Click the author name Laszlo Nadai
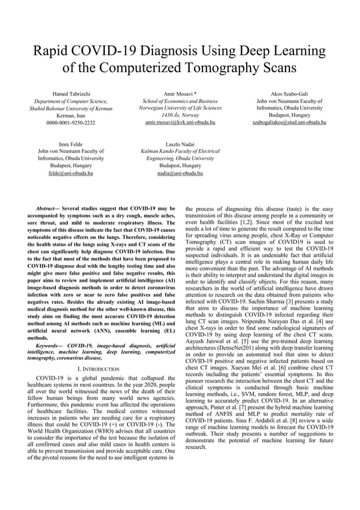click(179, 145)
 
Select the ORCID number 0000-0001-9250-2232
click(71, 123)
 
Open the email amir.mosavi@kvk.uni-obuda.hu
click(179, 123)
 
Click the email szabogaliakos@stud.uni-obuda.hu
click(289, 123)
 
